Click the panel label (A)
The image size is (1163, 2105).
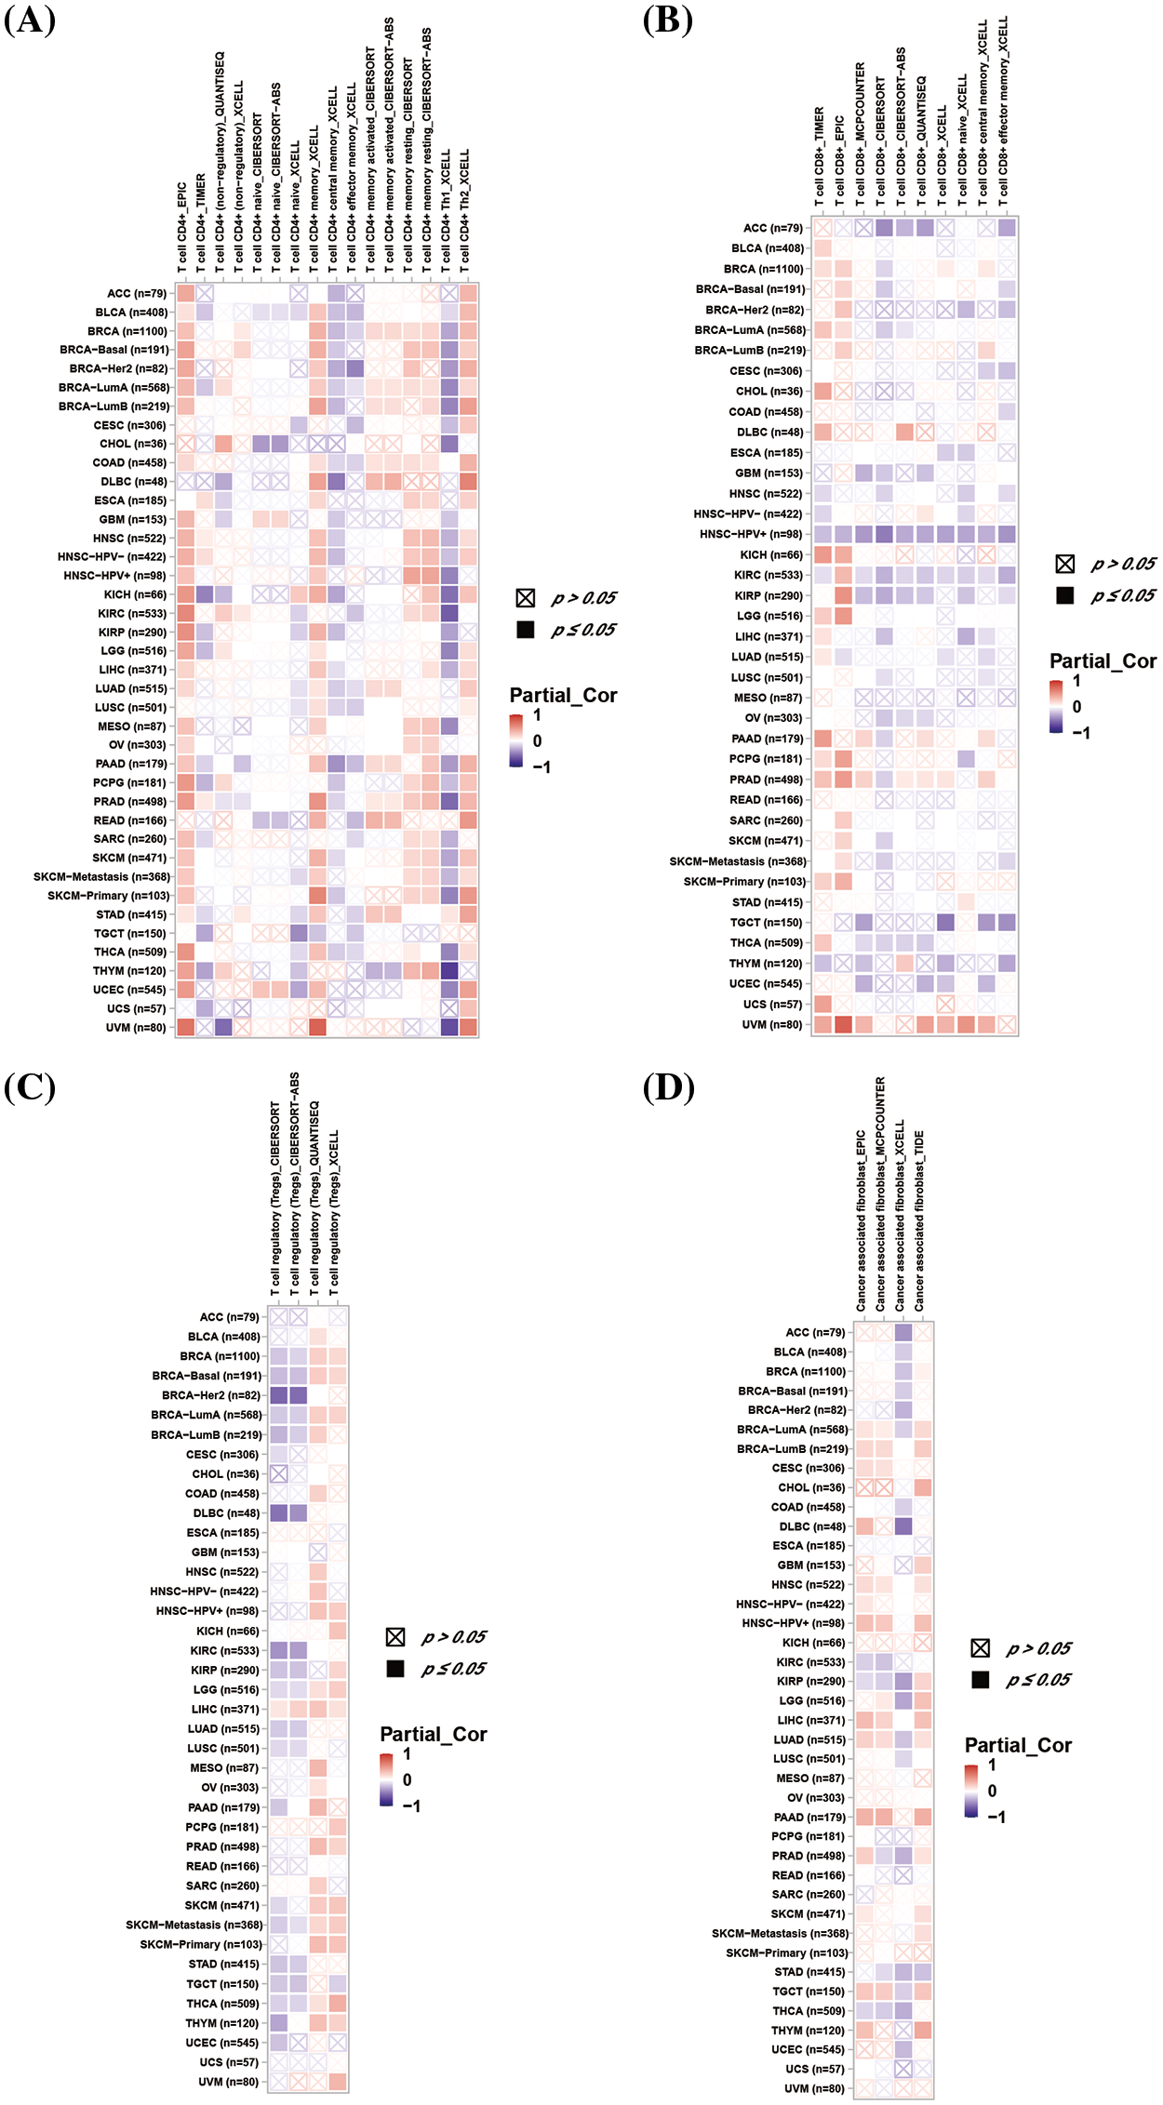30,20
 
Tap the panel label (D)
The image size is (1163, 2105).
668,1087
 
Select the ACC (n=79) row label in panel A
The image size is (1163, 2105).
137,294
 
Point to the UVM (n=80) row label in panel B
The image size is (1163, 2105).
771,1025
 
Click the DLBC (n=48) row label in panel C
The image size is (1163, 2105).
226,1513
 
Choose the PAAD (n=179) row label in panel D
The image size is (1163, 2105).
809,1818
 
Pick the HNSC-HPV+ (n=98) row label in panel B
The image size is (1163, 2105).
751,535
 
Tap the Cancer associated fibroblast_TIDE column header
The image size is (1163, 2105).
920,1221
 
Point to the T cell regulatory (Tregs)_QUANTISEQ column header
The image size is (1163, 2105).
314,1200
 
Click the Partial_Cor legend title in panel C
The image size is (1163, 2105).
434,1735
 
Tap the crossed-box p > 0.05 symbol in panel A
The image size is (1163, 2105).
526,598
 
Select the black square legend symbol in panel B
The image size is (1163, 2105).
1065,595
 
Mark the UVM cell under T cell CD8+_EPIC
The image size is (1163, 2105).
843,1025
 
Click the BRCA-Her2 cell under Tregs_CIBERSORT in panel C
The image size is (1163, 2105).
278,1395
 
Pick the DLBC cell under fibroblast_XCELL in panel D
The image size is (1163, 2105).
903,1526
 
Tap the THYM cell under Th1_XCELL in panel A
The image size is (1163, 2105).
449,971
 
